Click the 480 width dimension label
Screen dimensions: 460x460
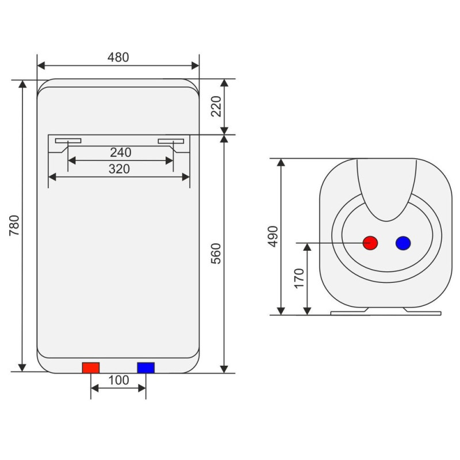[118, 57]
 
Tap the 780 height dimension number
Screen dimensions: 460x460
[14, 225]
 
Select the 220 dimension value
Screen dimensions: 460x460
[216, 106]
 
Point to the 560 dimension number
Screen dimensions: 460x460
[216, 254]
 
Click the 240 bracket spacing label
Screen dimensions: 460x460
[121, 152]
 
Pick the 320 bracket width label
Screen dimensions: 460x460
[119, 168]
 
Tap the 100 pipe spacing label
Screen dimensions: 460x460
[119, 380]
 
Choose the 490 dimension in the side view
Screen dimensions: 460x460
[273, 236]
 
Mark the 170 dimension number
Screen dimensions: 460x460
[299, 278]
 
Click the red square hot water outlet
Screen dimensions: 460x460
[91, 368]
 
